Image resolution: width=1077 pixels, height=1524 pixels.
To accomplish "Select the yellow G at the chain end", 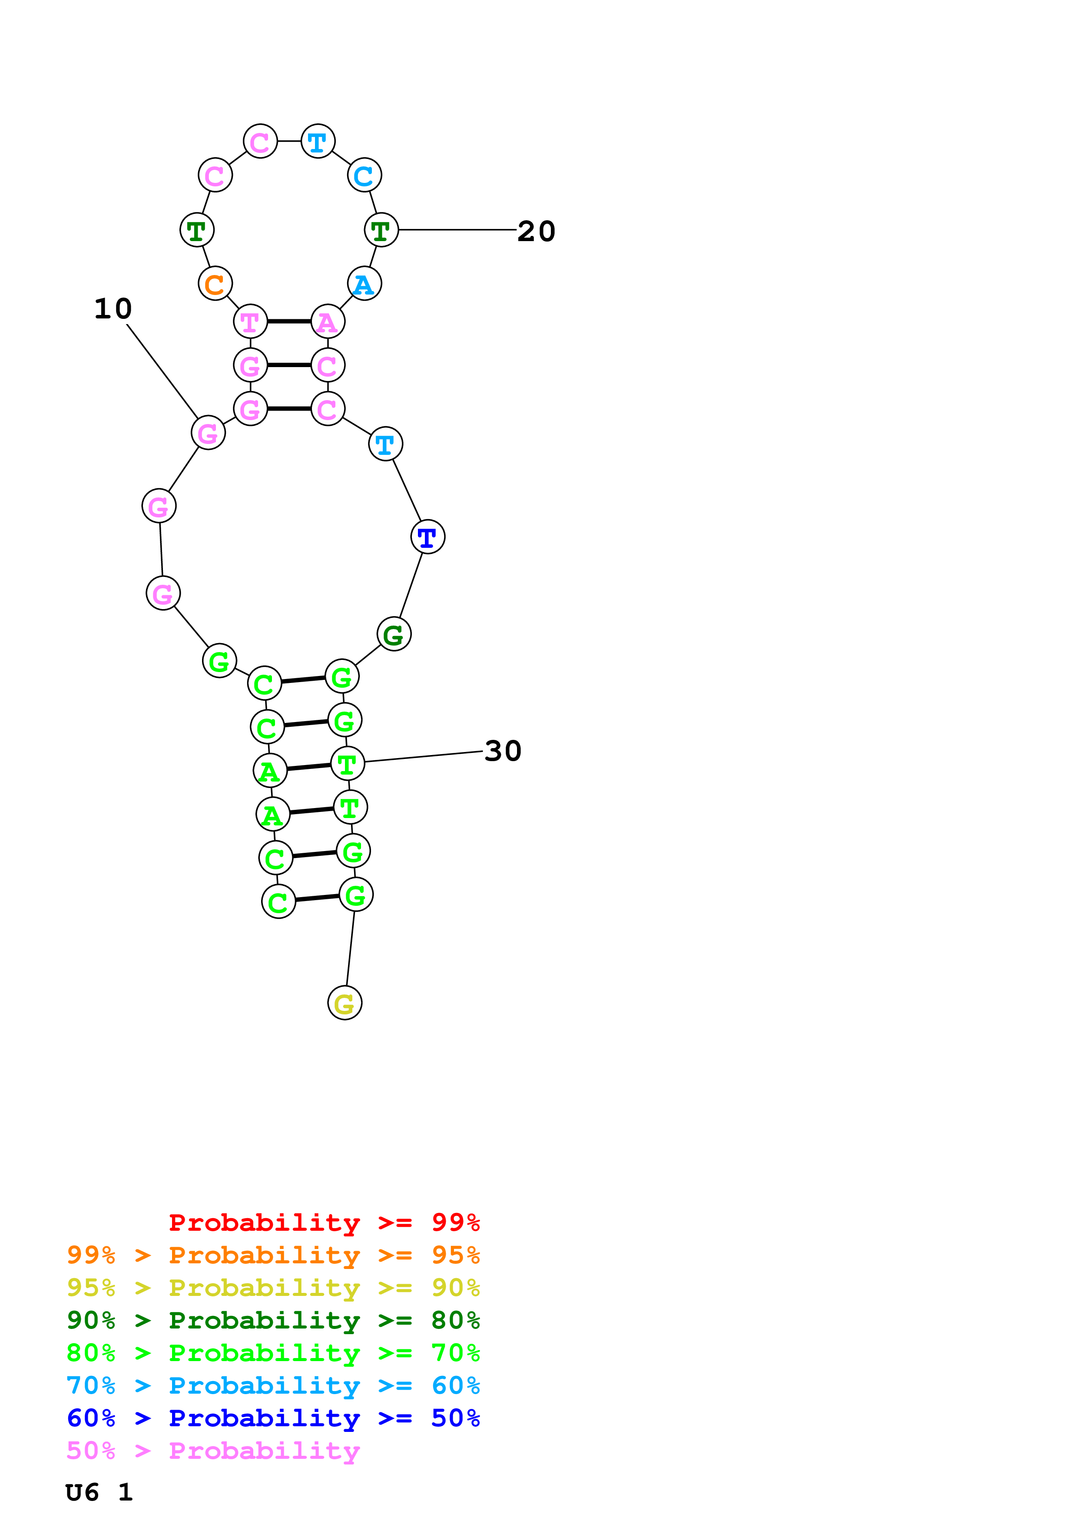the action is [x=345, y=1003].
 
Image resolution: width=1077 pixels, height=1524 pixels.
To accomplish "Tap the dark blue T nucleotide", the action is [x=427, y=537].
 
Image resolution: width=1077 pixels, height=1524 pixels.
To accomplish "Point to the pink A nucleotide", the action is [x=328, y=322].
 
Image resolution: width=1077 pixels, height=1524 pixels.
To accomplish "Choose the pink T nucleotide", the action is [x=250, y=322].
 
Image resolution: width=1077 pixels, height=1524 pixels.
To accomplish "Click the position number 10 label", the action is [x=113, y=308].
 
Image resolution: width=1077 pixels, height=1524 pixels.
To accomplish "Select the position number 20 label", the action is [x=536, y=231].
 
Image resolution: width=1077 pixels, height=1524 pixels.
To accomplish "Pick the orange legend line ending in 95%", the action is [x=273, y=1255].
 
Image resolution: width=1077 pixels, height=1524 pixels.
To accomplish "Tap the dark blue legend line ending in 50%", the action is [x=273, y=1418].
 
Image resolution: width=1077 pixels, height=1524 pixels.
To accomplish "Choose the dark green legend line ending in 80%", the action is [x=273, y=1320].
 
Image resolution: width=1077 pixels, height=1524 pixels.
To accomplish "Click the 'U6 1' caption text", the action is [x=99, y=1492].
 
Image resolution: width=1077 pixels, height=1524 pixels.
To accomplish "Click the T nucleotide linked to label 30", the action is [x=347, y=764].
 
